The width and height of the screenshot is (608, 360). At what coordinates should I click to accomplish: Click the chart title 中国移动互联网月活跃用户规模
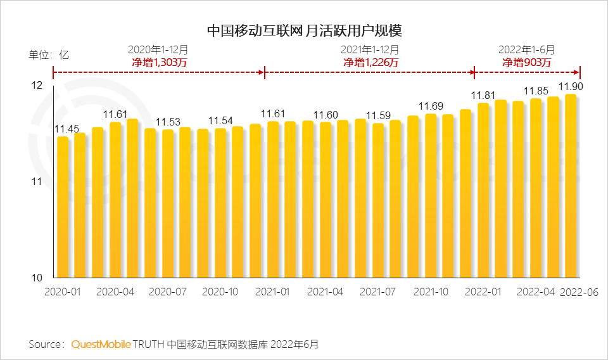(305, 30)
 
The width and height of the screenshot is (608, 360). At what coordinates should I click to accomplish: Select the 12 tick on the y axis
(37, 86)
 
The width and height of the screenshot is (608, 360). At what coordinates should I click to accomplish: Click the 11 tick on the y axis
(37, 182)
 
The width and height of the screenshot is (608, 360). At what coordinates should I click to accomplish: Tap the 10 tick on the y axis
(37, 278)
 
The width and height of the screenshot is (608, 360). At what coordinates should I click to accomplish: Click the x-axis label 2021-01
(272, 292)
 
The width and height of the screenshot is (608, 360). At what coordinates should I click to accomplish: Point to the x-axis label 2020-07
(168, 292)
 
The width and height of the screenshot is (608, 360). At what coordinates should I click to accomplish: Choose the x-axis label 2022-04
(536, 292)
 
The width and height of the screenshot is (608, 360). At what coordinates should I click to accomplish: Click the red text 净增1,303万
(158, 62)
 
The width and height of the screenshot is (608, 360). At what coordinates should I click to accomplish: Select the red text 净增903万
(527, 62)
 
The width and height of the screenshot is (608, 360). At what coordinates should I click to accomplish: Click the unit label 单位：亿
(49, 55)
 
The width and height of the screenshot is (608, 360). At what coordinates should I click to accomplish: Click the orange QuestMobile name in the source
(101, 344)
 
